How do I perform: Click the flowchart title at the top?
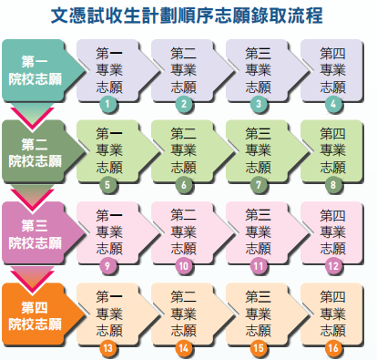(188, 15)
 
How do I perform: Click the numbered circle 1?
(108, 105)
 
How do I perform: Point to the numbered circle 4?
(334, 105)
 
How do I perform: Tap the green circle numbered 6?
(184, 185)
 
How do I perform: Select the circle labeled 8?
(334, 185)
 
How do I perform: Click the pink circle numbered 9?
(108, 266)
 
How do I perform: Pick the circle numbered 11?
(259, 266)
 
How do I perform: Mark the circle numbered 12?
(334, 266)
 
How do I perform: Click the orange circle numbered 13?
(108, 347)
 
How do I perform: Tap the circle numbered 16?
(334, 347)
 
